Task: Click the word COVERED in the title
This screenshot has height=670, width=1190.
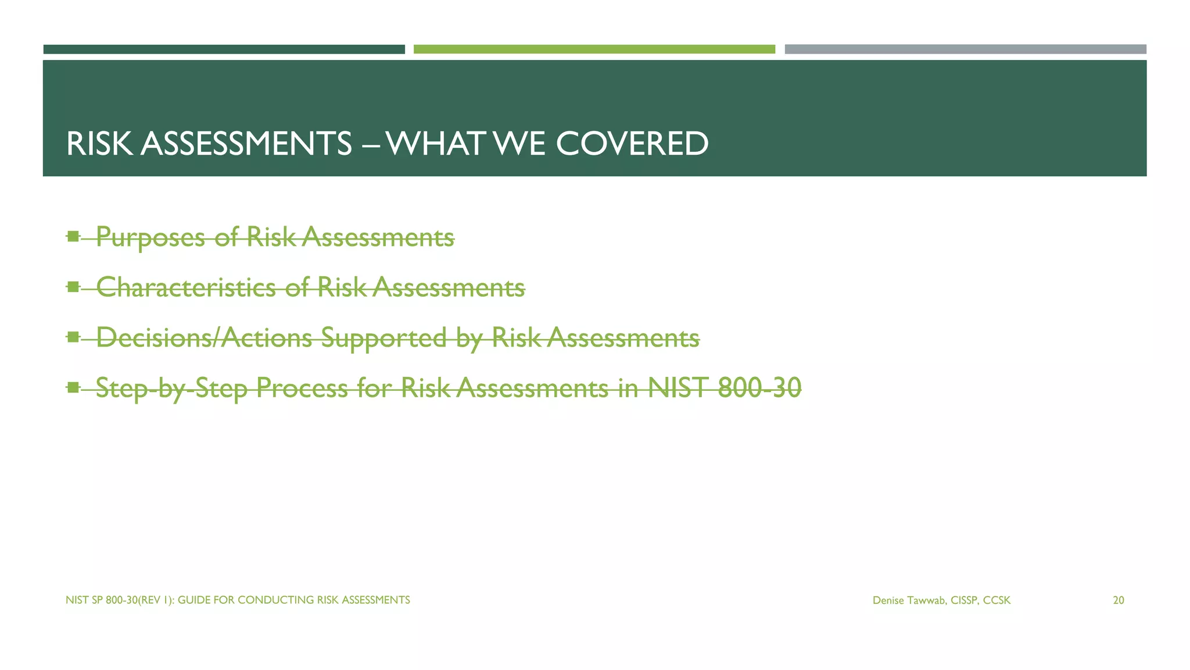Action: (632, 144)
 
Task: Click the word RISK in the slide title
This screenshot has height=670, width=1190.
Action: (99, 144)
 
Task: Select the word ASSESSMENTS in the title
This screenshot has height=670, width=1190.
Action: (246, 144)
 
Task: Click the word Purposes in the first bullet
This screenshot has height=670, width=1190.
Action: (150, 237)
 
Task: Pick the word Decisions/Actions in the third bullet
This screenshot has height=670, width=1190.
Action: (204, 337)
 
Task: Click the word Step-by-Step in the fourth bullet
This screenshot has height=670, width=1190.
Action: (171, 388)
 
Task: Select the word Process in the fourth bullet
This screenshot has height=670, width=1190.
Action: (302, 388)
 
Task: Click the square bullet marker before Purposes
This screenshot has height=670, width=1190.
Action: (73, 236)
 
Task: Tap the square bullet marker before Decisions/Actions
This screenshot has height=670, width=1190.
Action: (73, 337)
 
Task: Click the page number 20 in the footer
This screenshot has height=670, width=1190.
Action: (1118, 600)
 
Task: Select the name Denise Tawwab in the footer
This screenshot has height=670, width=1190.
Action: (909, 600)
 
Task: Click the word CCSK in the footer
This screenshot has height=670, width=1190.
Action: (997, 600)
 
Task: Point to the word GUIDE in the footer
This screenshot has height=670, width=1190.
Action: (193, 600)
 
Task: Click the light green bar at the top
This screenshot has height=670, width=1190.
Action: (594, 49)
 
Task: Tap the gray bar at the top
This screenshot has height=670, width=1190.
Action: (965, 49)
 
